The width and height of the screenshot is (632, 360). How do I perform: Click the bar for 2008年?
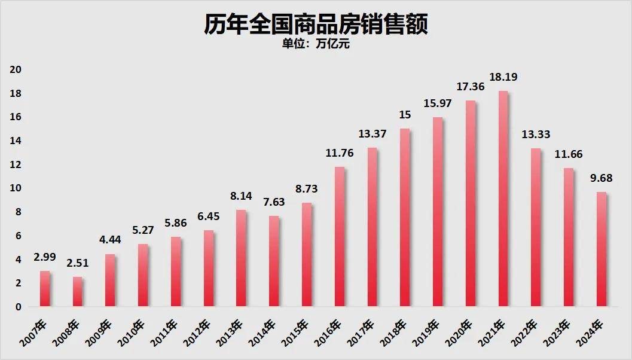tap(78, 292)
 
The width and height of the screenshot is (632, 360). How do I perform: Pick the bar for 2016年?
tap(340, 237)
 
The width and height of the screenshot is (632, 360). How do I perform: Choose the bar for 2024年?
tap(602, 249)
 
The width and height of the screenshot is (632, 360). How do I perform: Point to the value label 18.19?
tap(503, 77)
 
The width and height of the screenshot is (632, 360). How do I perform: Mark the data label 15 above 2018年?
tap(405, 115)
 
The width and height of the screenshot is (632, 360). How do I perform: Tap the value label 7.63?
tap(274, 203)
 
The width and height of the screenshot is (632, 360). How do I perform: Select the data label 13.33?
tap(536, 134)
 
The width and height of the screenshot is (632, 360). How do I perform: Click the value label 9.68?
tap(602, 178)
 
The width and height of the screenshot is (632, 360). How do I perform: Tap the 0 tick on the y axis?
tap(19, 307)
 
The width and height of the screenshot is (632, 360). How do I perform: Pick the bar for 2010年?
tap(144, 276)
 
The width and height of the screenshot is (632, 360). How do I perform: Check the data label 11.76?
tap(340, 153)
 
